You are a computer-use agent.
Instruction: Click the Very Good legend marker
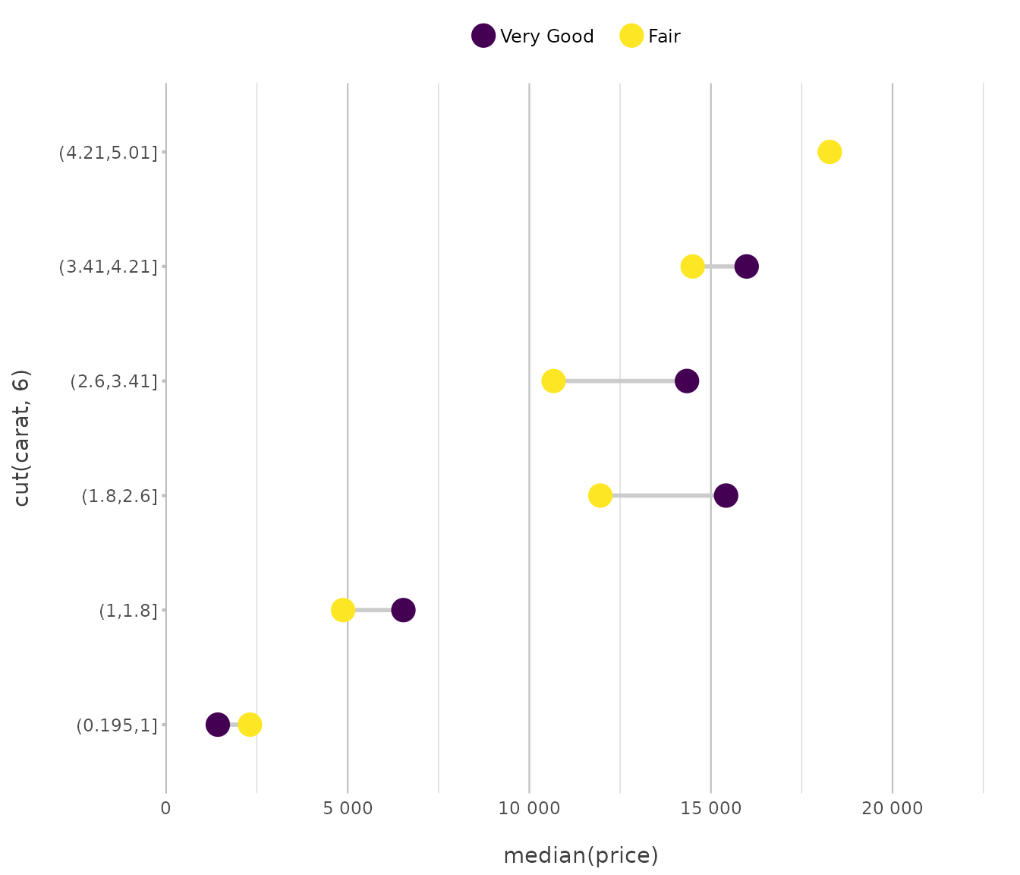483,36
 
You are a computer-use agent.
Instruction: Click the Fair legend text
664,36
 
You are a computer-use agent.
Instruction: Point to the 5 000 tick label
348,808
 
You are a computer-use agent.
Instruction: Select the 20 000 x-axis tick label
892,808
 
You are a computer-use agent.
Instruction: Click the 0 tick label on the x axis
165,808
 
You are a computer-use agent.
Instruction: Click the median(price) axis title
581,856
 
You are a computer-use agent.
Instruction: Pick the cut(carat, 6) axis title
22,437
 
